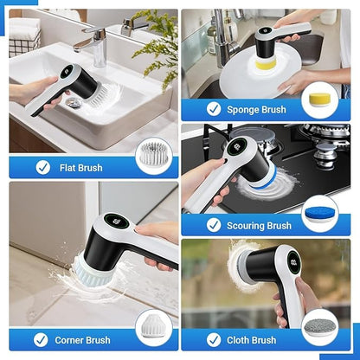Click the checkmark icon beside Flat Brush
[42, 167]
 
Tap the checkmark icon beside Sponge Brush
[214, 109]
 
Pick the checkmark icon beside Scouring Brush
[214, 225]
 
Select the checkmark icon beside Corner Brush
[42, 340]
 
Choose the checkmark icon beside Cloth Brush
[214, 340]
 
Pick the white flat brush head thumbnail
[153, 157]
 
